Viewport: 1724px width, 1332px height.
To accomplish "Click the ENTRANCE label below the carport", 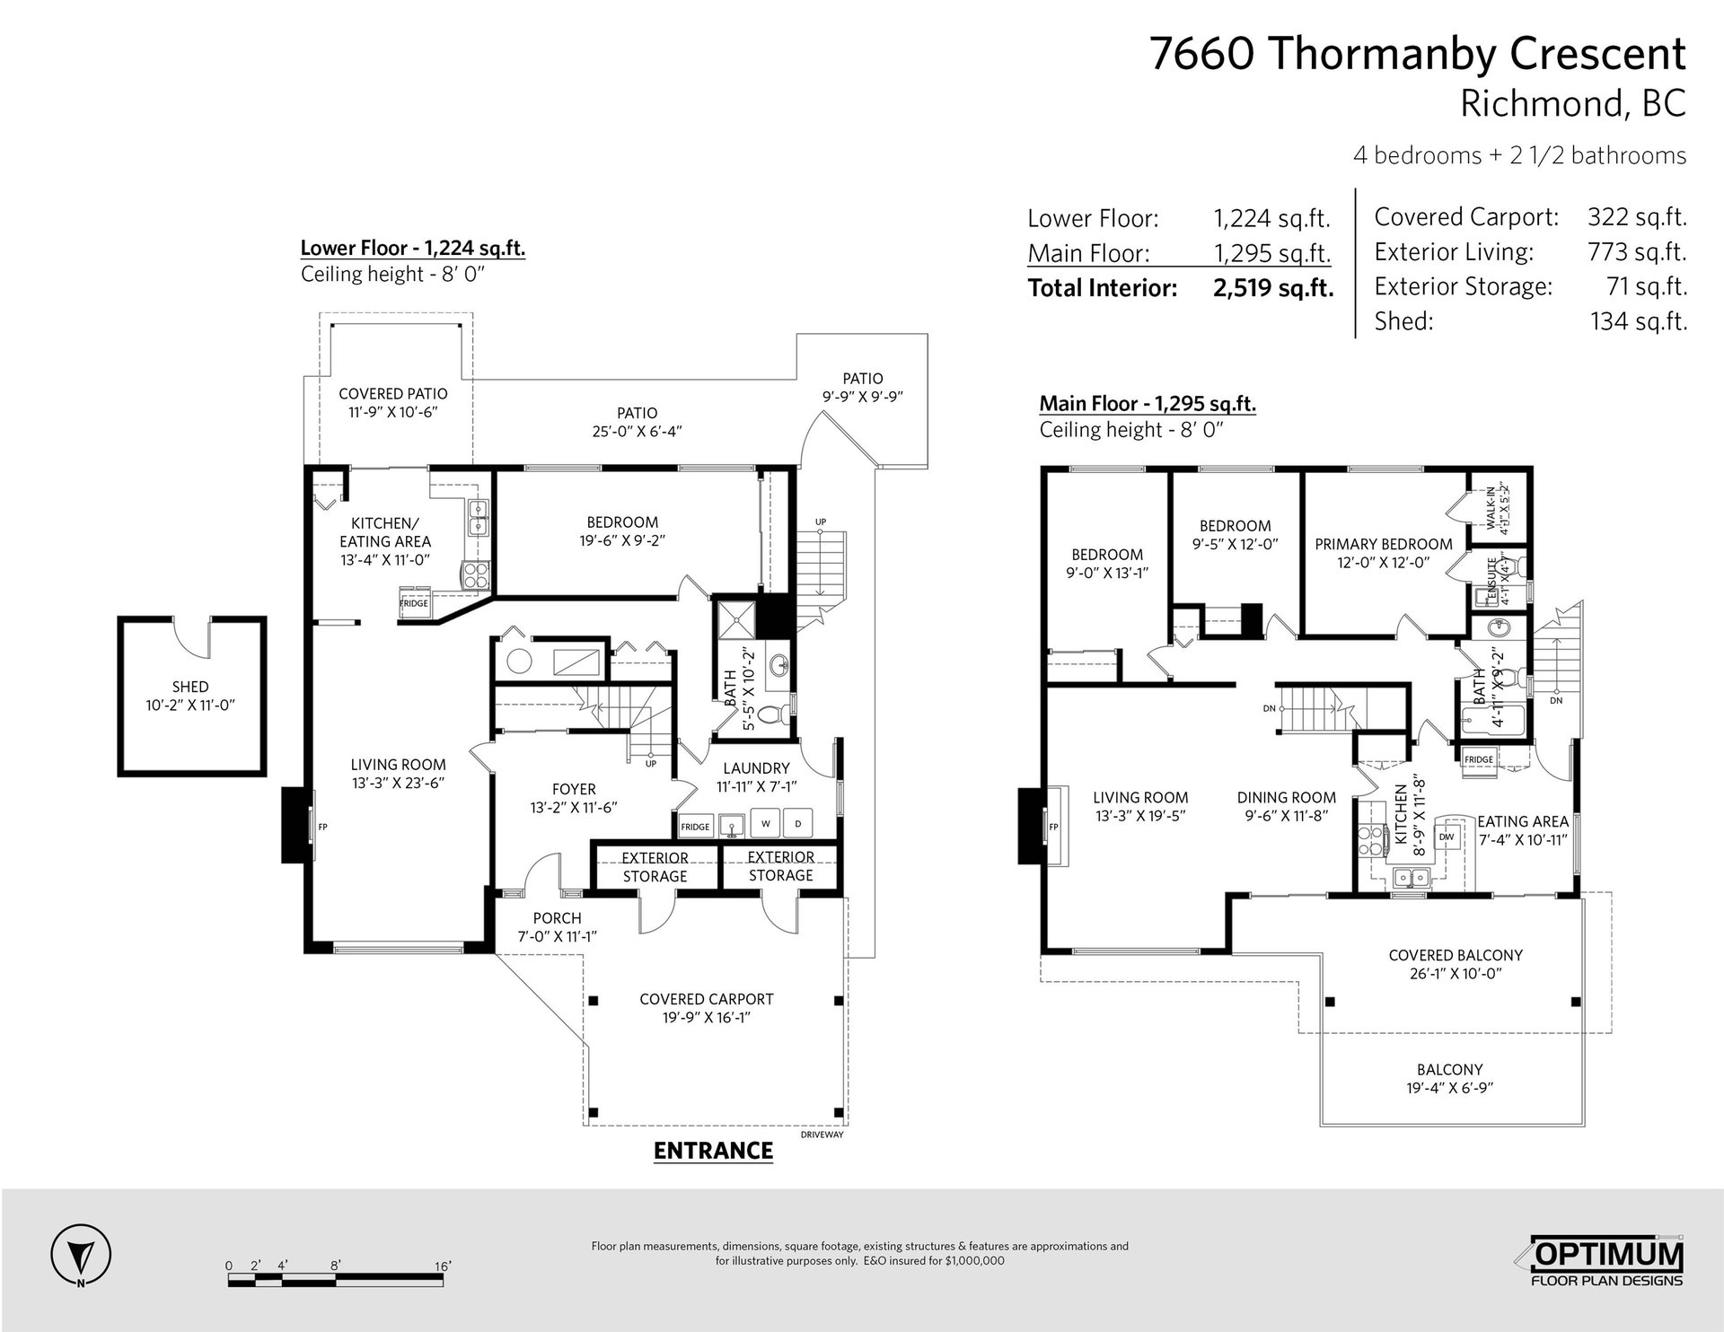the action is coord(713,1151).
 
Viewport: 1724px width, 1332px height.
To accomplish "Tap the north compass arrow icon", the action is coord(81,1252).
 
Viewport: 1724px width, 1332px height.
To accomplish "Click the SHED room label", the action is coord(190,687).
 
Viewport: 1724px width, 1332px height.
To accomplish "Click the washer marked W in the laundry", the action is coord(766,823).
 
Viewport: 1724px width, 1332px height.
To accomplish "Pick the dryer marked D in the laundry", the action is coord(797,823).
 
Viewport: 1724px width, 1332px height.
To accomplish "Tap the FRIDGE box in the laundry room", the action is coord(695,826).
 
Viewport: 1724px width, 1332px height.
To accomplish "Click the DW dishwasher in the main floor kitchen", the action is coord(1447,837).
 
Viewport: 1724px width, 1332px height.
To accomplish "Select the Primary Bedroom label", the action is coord(1384,544).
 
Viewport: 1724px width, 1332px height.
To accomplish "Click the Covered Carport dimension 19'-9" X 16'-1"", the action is coord(707,1018).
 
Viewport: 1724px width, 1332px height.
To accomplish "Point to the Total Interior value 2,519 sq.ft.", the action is coord(1273,288).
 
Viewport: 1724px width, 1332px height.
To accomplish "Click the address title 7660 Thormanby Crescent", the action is coord(1418,54).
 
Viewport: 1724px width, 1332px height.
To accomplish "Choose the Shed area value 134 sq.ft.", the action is coord(1639,320).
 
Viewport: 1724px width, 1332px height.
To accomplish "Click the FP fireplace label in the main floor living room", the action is coord(1054,827).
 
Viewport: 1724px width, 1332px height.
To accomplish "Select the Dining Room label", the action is coord(1286,797).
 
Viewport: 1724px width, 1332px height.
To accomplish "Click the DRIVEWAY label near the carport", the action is coord(822,1135).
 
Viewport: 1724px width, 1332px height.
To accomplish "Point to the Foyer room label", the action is coord(574,789).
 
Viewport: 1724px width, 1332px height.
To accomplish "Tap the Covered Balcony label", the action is coord(1456,955).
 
